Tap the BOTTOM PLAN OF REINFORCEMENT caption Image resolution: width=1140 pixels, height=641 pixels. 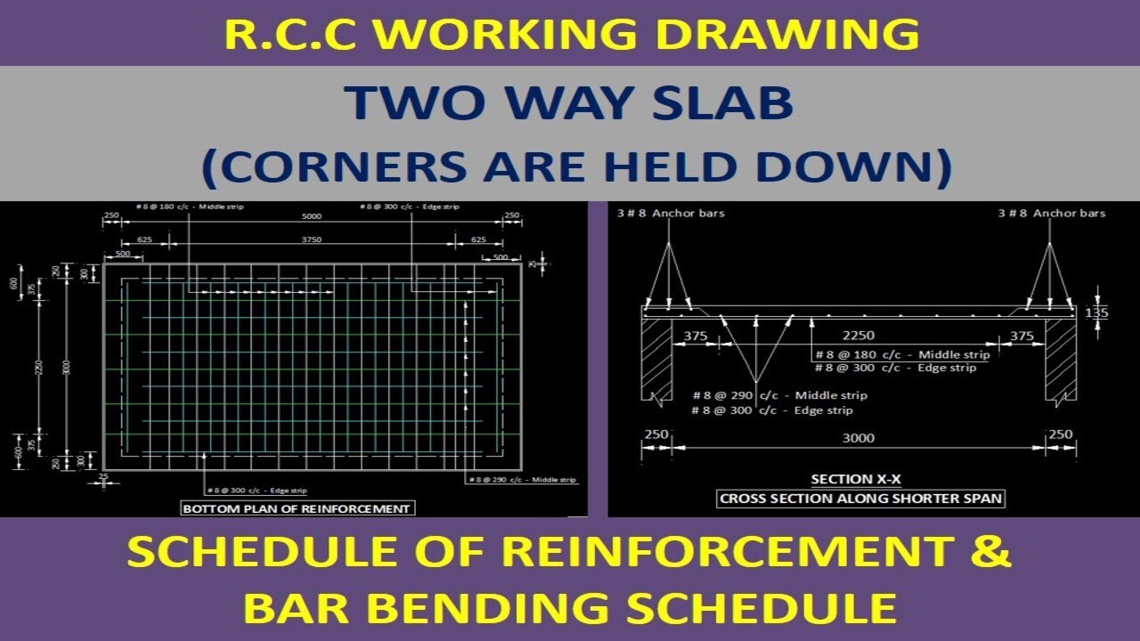click(x=297, y=508)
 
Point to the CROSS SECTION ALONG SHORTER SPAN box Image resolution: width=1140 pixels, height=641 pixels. click(x=861, y=499)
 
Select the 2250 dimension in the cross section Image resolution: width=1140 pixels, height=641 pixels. click(x=859, y=336)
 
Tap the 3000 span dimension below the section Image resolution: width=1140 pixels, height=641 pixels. click(x=859, y=437)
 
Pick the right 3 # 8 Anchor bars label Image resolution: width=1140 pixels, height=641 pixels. click(x=1051, y=213)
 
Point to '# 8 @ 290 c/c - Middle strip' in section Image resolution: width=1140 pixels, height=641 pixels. click(x=779, y=395)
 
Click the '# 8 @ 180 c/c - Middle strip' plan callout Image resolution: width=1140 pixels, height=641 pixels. click(x=190, y=207)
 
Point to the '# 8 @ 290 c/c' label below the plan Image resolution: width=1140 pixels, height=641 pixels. click(x=522, y=480)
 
